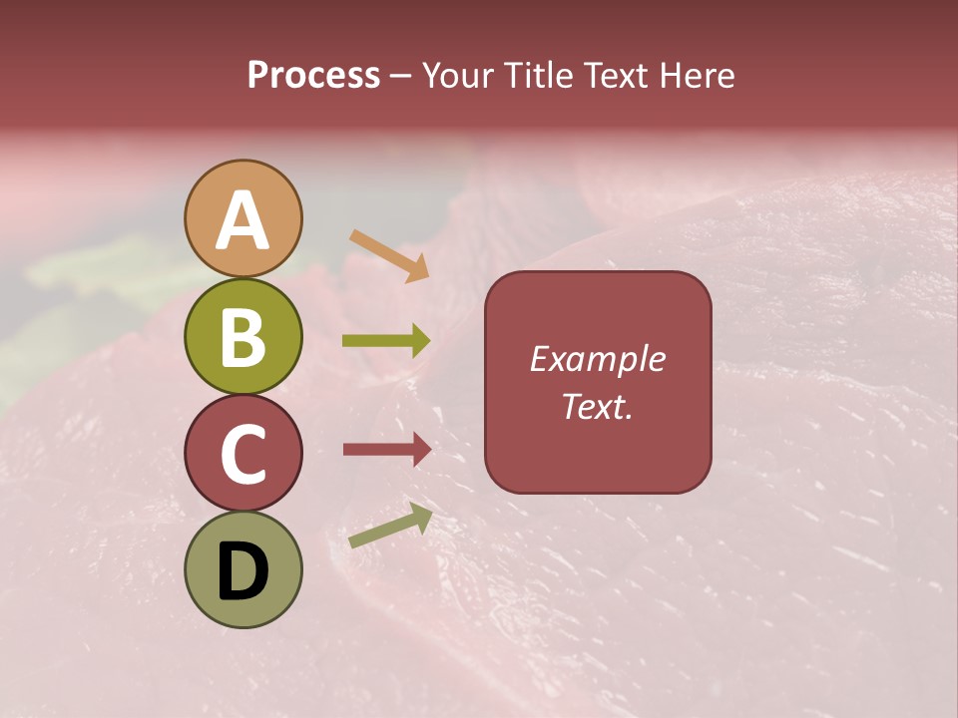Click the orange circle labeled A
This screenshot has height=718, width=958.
click(x=242, y=218)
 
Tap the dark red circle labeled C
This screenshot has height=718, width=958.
click(x=242, y=453)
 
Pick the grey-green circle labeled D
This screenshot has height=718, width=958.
click(x=242, y=569)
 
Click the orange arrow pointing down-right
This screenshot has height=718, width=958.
click(x=389, y=255)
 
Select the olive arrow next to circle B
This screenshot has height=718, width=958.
click(x=386, y=341)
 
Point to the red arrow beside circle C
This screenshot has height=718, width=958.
click(x=386, y=450)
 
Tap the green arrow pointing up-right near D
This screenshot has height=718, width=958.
click(x=390, y=526)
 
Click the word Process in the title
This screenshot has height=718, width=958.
click(x=313, y=76)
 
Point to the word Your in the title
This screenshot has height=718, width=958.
click(x=454, y=76)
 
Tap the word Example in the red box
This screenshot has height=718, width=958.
click(x=598, y=359)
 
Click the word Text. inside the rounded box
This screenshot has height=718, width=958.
click(x=598, y=406)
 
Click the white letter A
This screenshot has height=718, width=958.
click(x=242, y=220)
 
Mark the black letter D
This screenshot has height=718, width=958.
click(x=242, y=571)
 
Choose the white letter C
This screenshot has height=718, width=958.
click(x=242, y=454)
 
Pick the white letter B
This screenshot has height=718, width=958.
click(x=242, y=337)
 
